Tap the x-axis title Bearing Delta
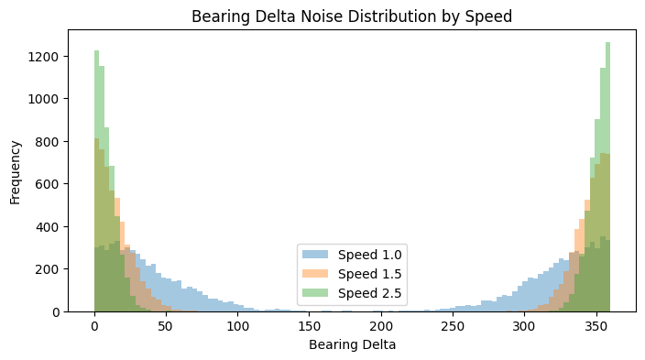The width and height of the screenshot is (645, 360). pyautogui.click(x=352, y=344)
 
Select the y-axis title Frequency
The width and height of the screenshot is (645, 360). pyautogui.click(x=15, y=172)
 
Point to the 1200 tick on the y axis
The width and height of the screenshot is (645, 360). pyautogui.click(x=44, y=57)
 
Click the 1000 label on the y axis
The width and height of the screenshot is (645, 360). pyautogui.click(x=44, y=99)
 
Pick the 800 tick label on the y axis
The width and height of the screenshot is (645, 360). pyautogui.click(x=48, y=142)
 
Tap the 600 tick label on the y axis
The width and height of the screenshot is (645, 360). pyautogui.click(x=48, y=184)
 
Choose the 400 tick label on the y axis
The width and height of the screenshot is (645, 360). pyautogui.click(x=48, y=226)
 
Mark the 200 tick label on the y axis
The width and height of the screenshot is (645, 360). pyautogui.click(x=48, y=269)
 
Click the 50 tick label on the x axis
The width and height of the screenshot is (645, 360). pyautogui.click(x=166, y=327)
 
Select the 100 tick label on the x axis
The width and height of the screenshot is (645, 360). pyautogui.click(x=238, y=327)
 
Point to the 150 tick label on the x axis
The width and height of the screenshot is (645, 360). pyautogui.click(x=310, y=327)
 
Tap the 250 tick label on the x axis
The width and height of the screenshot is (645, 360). pyautogui.click(x=453, y=327)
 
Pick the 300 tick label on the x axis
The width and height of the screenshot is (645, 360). pyautogui.click(x=524, y=327)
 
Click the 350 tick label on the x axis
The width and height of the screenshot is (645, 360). pyautogui.click(x=596, y=327)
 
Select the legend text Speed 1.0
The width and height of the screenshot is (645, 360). pyautogui.click(x=370, y=255)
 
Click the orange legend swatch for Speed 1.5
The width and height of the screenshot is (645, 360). pyautogui.click(x=315, y=274)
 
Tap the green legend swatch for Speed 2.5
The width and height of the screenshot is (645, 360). pyautogui.click(x=315, y=292)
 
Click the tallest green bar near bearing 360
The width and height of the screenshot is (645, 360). pyautogui.click(x=607, y=177)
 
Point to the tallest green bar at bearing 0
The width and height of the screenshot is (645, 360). pyautogui.click(x=97, y=181)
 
